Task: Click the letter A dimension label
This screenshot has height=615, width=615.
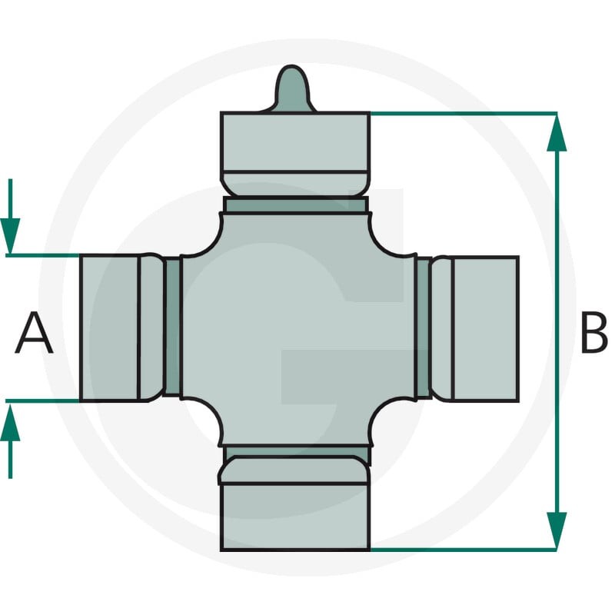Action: pos(34,333)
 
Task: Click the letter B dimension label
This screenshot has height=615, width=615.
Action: pos(594,333)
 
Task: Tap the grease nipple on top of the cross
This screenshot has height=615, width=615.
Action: pos(292,88)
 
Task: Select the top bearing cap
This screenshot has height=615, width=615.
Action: pos(295,154)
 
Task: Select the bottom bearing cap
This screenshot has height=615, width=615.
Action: pos(295,504)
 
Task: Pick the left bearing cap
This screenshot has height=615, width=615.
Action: pos(121,328)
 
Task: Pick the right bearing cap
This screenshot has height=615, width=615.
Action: pos(475,329)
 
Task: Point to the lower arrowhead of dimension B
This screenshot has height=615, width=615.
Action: pos(557,530)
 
